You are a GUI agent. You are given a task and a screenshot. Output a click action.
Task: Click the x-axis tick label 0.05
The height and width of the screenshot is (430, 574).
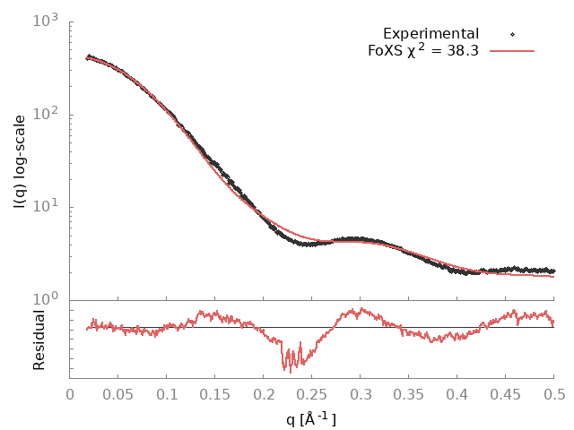[118, 394]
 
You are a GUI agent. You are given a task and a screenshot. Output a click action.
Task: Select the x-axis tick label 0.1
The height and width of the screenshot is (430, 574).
[167, 394]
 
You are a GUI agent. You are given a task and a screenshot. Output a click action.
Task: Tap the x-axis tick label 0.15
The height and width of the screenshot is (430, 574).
[215, 394]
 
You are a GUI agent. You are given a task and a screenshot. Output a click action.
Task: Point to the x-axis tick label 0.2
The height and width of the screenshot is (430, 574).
[264, 394]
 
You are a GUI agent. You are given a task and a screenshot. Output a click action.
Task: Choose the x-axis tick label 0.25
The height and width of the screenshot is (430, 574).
[312, 394]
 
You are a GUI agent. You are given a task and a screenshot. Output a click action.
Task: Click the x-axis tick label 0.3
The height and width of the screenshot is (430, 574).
[361, 394]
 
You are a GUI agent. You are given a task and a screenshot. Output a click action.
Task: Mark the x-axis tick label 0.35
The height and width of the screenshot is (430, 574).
[409, 394]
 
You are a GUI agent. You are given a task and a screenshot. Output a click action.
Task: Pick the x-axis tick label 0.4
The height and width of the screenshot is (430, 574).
[457, 394]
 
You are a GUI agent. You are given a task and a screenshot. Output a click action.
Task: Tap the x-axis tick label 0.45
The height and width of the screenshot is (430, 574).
[506, 394]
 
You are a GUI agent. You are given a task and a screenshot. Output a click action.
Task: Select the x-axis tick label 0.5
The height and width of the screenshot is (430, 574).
[554, 394]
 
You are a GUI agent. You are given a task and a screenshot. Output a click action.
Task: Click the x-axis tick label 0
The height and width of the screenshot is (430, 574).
[70, 394]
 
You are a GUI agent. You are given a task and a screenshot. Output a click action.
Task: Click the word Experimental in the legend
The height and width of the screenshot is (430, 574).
[430, 34]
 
